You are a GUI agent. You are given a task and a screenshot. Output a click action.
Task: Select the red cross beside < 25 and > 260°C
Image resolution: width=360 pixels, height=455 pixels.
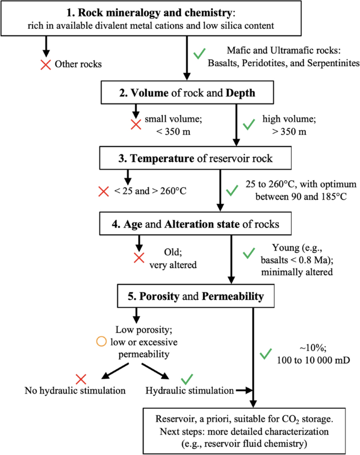pyautogui.click(x=104, y=191)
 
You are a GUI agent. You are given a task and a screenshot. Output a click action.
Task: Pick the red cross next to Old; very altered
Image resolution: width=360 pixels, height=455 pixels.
pyautogui.click(x=139, y=258)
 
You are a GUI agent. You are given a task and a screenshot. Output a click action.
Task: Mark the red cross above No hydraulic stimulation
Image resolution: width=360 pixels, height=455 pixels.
pyautogui.click(x=80, y=378)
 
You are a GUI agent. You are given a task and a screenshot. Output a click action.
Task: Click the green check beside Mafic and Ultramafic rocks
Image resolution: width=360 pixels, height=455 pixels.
pyautogui.click(x=198, y=54)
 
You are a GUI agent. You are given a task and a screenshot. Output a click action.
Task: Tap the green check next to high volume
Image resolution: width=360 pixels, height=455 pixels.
pyautogui.click(x=248, y=125)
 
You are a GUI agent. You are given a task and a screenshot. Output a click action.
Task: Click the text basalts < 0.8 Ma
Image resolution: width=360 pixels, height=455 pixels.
pyautogui.click(x=300, y=260)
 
